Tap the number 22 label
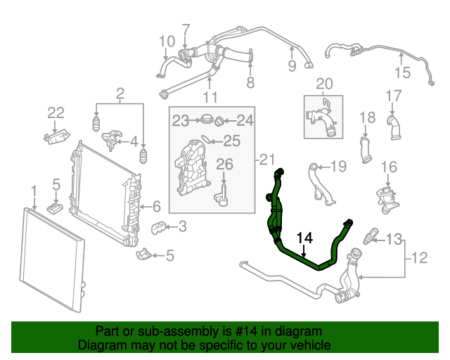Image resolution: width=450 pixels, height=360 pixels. tap(56, 112)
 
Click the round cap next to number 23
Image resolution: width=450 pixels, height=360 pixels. tap(207, 120)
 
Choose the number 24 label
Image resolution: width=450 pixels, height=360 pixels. tap(244, 120)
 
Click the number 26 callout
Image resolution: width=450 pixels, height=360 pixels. tap(224, 165)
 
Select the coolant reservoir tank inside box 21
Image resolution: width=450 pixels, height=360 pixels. tap(191, 169)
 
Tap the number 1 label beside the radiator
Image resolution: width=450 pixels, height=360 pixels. tap(33, 190)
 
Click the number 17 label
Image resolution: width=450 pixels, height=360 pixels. tap(393, 96)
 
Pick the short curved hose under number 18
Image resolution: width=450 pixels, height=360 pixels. tap(366, 150)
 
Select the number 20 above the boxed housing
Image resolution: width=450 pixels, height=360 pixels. tap(323, 84)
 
